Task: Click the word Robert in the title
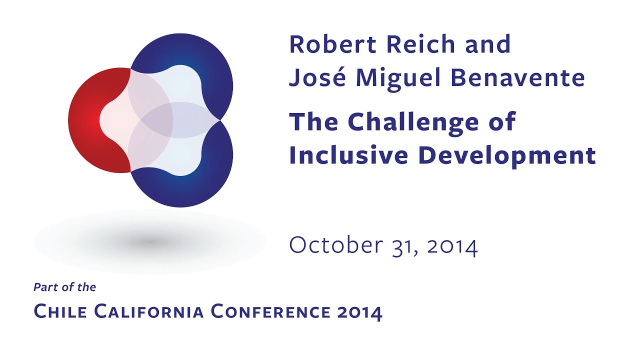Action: pyautogui.click(x=333, y=44)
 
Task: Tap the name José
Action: pyautogui.click(x=317, y=78)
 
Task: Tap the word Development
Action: pyautogui.click(x=507, y=156)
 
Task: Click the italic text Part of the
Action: pyautogui.click(x=64, y=287)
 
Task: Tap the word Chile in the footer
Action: pyautogui.click(x=60, y=311)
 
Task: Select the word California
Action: pyautogui.click(x=149, y=311)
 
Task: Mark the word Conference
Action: pyautogui.click(x=270, y=311)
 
